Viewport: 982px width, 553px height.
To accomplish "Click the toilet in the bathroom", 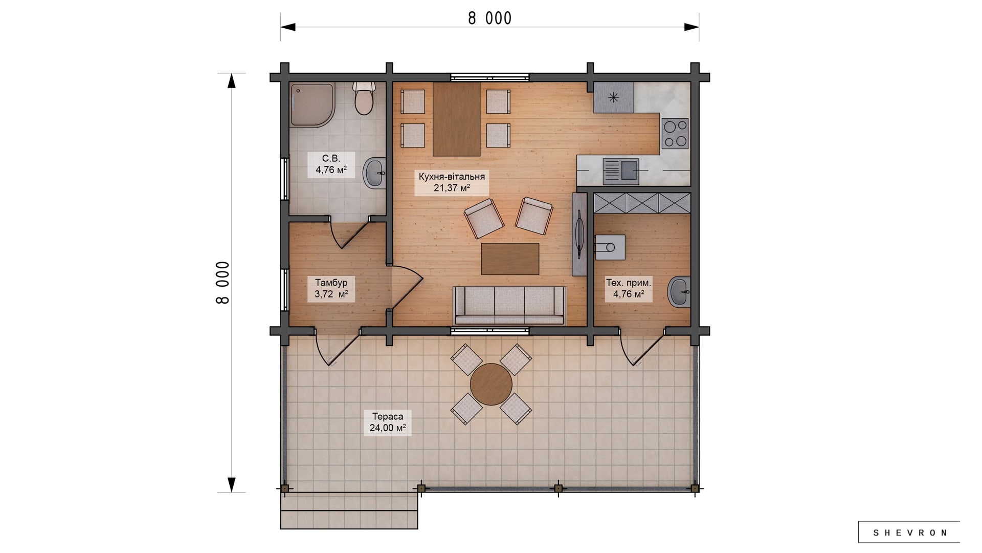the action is [x=364, y=98].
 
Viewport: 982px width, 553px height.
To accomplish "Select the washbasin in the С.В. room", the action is [x=374, y=173].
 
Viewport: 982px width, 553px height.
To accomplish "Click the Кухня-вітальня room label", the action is [x=452, y=177].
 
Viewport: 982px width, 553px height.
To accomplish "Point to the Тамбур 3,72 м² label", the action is [x=331, y=288].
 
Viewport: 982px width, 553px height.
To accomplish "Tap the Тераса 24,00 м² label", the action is [x=388, y=422].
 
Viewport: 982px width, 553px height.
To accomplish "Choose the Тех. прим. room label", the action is [x=629, y=283].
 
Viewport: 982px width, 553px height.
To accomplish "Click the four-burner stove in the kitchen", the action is [x=675, y=133].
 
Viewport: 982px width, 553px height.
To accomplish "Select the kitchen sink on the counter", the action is [x=621, y=172].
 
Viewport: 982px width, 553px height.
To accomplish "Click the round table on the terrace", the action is [x=491, y=384].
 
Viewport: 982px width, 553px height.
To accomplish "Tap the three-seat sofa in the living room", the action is [x=509, y=305].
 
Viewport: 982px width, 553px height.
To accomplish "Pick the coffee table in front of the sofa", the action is [x=510, y=259].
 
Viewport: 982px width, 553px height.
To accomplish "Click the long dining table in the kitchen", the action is [x=456, y=119].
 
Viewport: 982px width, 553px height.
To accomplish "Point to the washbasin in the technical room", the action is [x=680, y=292].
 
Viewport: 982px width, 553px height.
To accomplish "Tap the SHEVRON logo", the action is [x=909, y=533].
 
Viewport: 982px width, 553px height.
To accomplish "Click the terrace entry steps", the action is [x=349, y=511].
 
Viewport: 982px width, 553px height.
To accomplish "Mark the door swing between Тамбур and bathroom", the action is [x=350, y=232].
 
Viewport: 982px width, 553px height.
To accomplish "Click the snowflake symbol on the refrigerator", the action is [x=613, y=97].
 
